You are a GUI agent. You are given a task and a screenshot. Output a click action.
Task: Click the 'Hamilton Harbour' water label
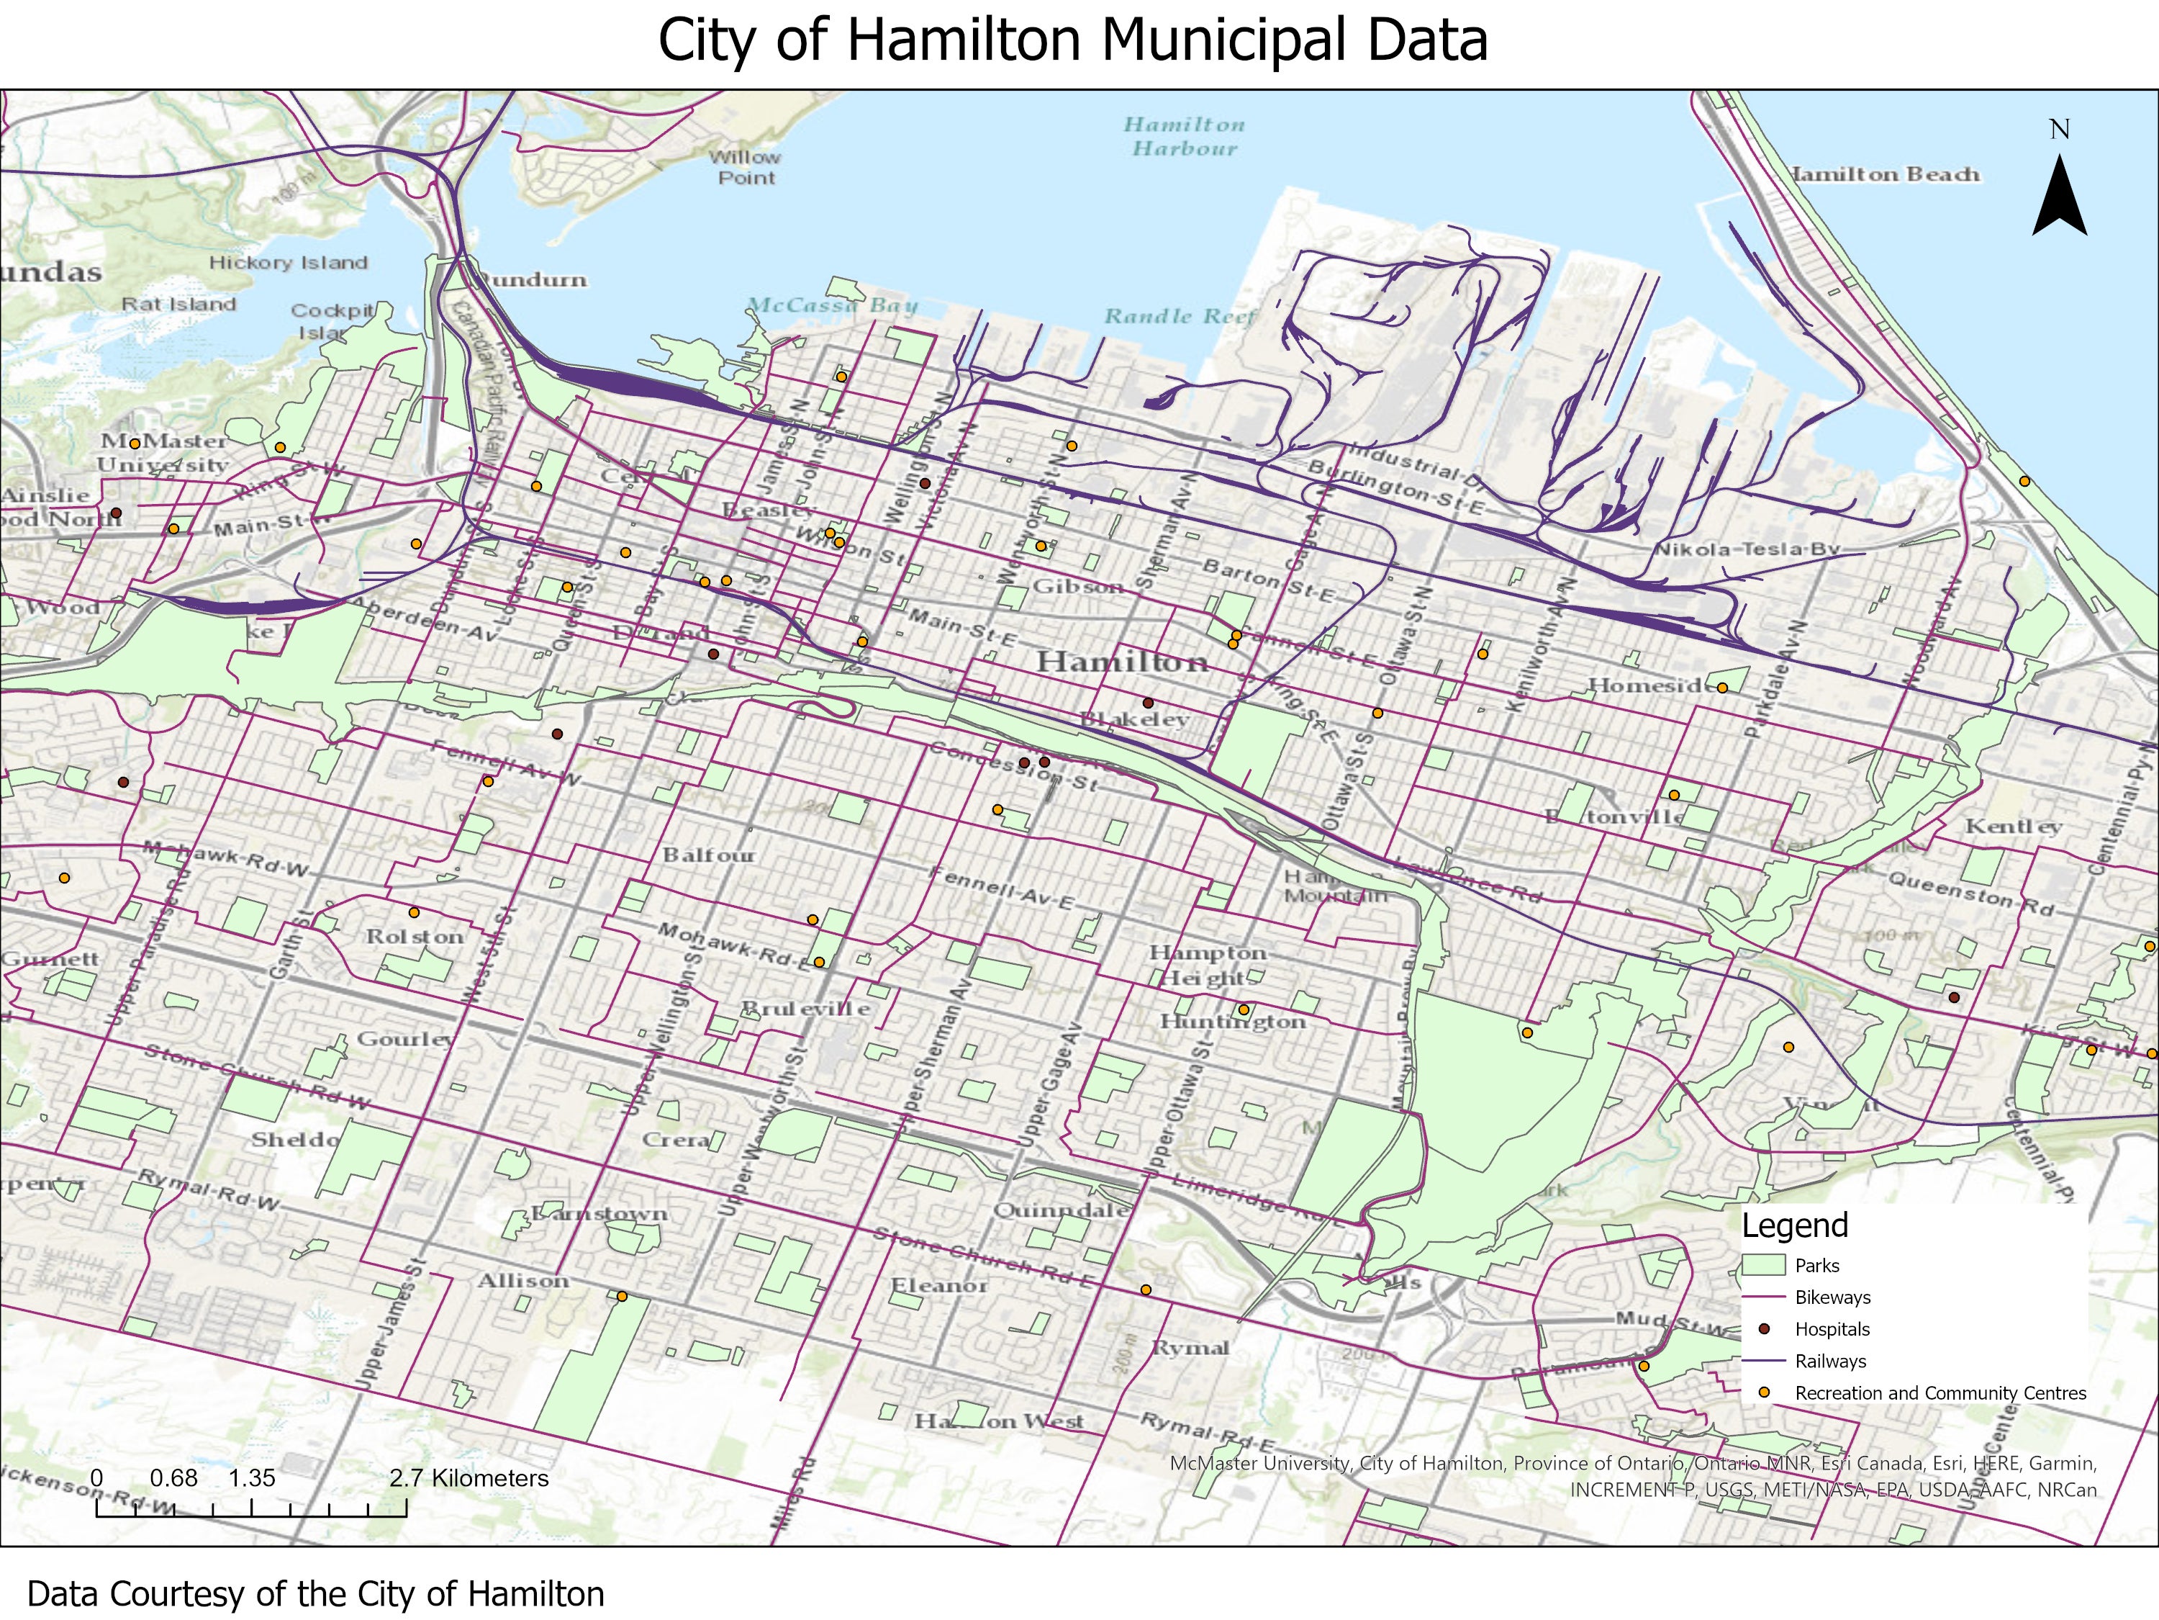1184,137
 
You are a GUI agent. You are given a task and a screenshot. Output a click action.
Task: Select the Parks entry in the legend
1816,1266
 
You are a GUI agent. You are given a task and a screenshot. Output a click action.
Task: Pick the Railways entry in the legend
1830,1362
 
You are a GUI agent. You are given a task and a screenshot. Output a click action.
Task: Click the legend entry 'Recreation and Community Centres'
1940,1393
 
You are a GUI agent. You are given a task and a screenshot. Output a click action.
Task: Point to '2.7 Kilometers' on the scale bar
469,1478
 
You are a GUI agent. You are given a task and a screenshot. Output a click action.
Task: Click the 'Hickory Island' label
288,263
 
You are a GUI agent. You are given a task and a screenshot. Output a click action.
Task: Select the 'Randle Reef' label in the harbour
1179,316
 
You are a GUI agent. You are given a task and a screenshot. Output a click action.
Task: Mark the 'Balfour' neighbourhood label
709,855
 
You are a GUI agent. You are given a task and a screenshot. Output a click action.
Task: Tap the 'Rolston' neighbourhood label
414,937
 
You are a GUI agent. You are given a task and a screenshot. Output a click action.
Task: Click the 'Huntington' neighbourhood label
1232,1022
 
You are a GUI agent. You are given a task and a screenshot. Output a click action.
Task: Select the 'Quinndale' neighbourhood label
1061,1210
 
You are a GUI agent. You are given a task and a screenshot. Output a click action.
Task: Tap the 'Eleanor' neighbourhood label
939,1286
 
